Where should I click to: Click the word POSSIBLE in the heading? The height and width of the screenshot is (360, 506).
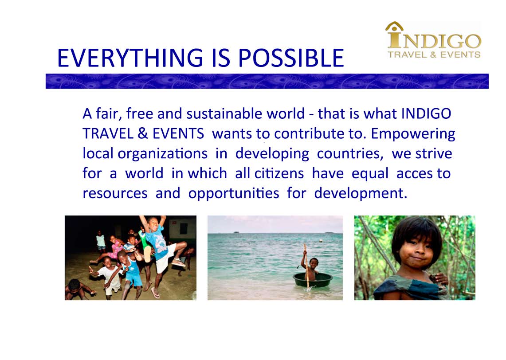tap(291, 58)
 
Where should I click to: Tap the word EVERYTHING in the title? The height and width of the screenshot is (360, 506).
tap(130, 58)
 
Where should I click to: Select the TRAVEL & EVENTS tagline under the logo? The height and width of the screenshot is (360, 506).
tap(434, 55)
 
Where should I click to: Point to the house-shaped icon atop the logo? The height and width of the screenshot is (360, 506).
tap(394, 27)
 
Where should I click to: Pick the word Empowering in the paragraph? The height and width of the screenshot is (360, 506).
tap(413, 134)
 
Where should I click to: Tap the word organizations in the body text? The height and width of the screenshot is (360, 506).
tap(162, 154)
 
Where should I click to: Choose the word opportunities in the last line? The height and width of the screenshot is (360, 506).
tap(234, 194)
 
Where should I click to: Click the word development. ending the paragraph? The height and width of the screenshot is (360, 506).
tap(361, 193)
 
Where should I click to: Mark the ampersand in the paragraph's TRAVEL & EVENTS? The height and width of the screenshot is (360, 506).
tap(143, 133)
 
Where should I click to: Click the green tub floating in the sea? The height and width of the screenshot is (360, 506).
tap(313, 279)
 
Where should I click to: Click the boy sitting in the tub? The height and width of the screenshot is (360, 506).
tap(310, 268)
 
